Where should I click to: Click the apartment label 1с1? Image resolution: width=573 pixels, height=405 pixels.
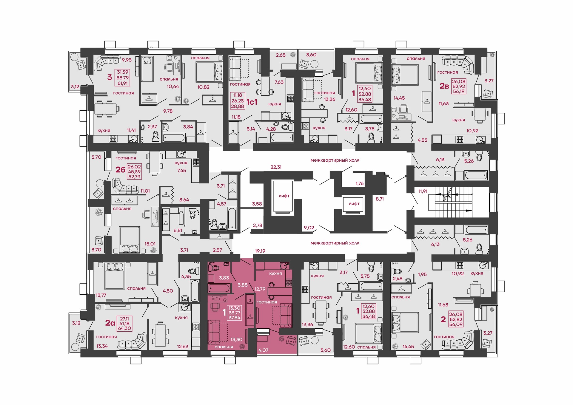(x=252, y=102)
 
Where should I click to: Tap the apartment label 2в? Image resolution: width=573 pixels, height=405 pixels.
(x=444, y=86)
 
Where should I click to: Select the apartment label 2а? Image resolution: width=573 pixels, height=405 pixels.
(x=110, y=323)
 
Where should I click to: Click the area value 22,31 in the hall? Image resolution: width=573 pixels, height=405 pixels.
(x=276, y=167)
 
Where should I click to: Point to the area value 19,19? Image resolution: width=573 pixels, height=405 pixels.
(x=260, y=251)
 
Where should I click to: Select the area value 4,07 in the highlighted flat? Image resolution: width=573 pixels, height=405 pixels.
(x=263, y=350)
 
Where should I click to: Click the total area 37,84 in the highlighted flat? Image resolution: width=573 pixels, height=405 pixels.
(x=235, y=318)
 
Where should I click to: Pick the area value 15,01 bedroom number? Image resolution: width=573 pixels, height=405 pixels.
(x=150, y=244)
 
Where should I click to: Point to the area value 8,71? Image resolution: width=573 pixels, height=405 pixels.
(x=380, y=199)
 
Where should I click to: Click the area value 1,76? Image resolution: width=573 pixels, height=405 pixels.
(x=360, y=183)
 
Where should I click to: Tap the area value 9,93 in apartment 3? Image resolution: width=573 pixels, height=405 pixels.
(x=127, y=60)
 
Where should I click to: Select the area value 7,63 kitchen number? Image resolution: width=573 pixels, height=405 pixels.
(x=279, y=82)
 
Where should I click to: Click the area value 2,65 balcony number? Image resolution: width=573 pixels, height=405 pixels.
(x=281, y=55)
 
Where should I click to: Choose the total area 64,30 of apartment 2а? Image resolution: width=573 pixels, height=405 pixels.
(x=124, y=328)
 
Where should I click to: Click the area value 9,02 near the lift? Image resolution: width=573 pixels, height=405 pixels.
(x=309, y=228)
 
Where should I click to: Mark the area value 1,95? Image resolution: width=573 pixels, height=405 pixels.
(x=422, y=274)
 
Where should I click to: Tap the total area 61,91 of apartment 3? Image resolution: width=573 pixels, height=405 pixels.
(x=122, y=84)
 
